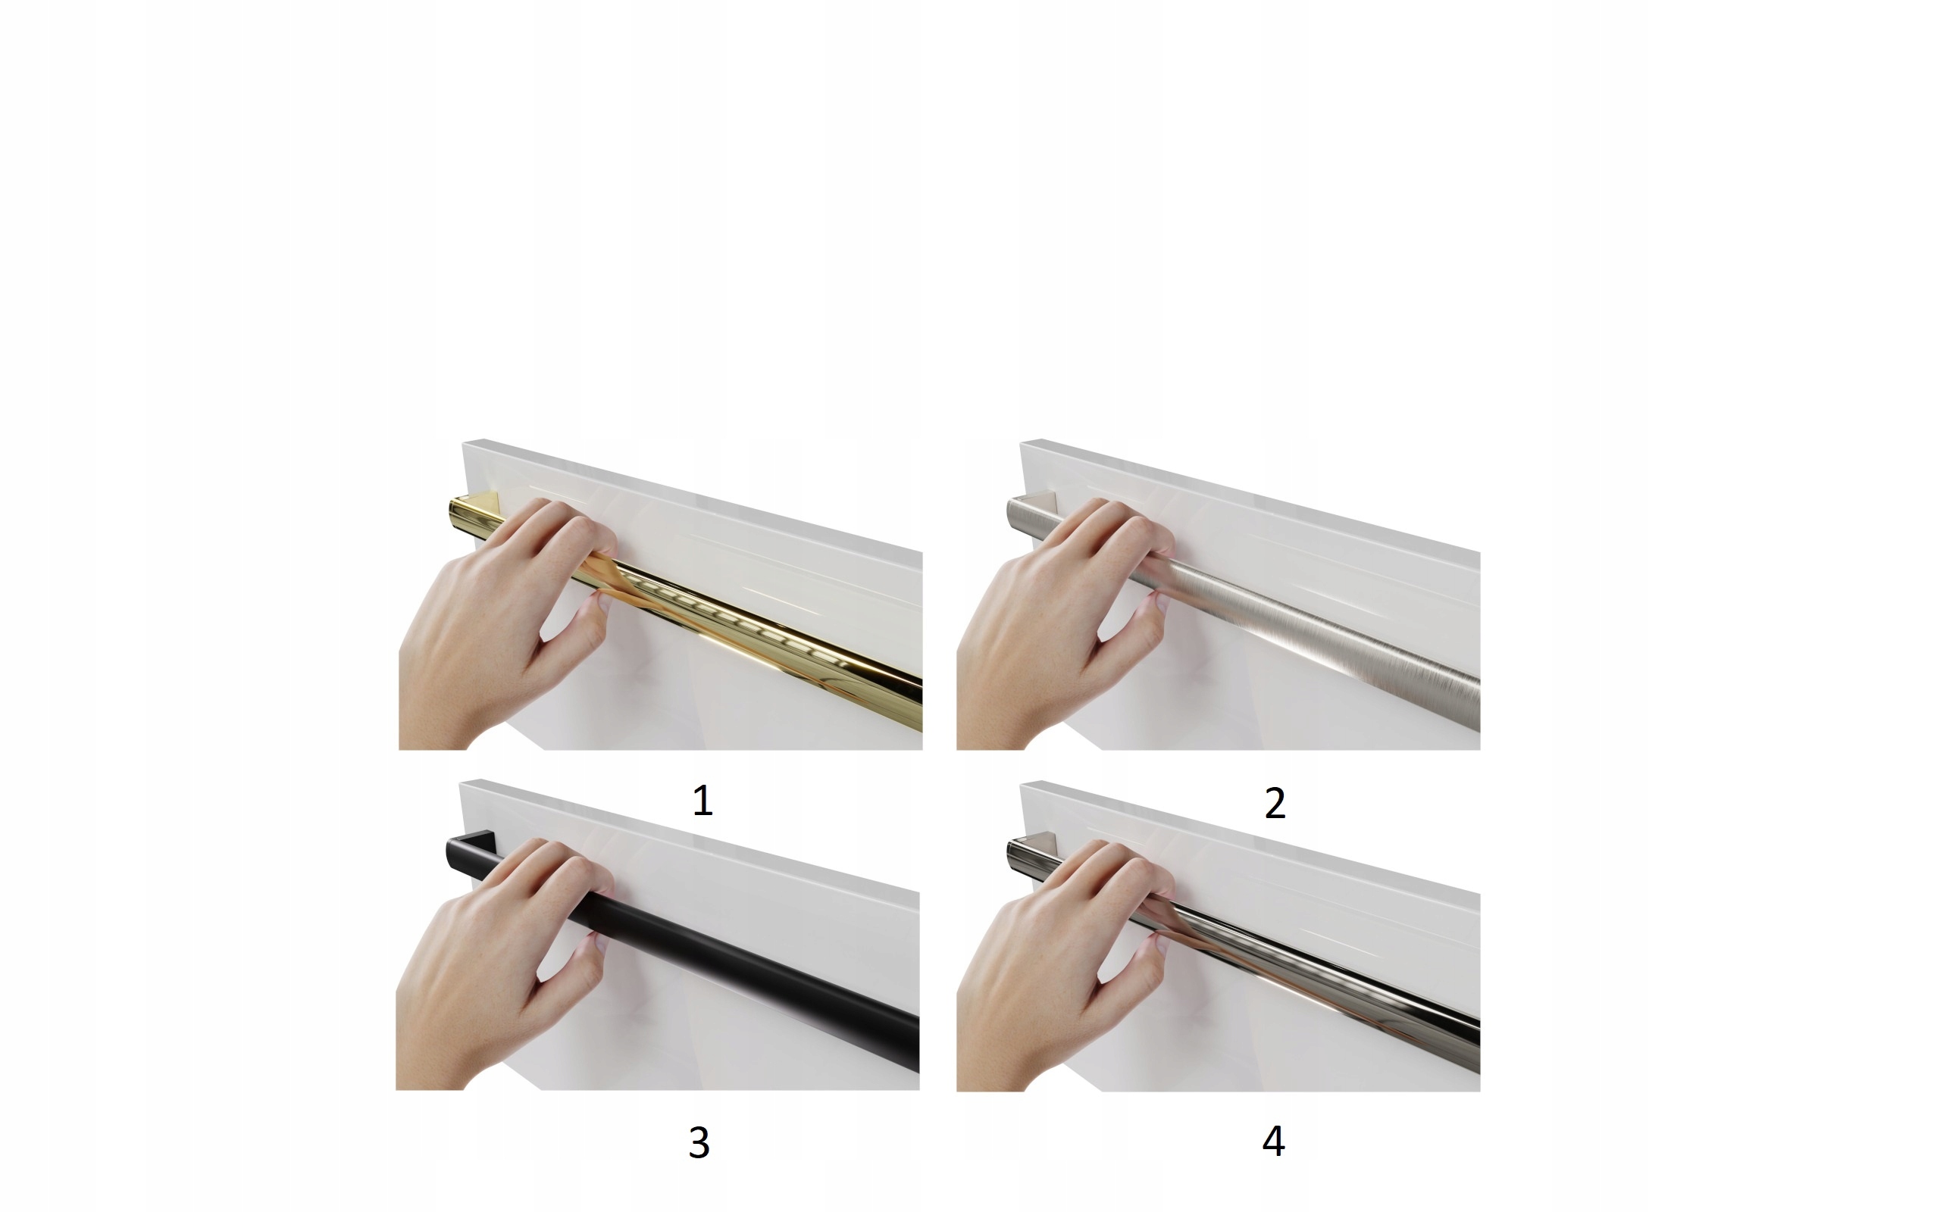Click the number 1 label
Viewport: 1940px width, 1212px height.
[x=702, y=801]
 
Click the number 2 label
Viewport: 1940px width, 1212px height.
[x=1275, y=803]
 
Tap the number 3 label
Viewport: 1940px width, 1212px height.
[x=699, y=1142]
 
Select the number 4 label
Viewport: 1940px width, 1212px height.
[x=1273, y=1141]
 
